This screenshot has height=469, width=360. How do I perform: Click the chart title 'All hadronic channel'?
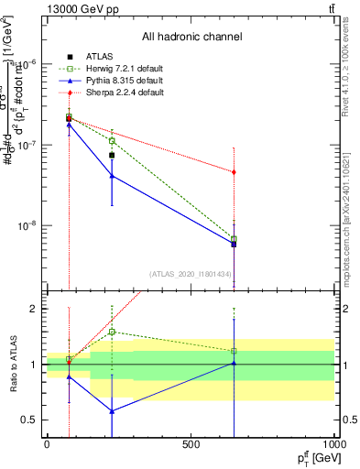click(x=191, y=37)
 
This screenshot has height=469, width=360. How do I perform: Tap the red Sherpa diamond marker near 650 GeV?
click(x=235, y=172)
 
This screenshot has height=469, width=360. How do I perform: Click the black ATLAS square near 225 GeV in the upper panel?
click(x=112, y=155)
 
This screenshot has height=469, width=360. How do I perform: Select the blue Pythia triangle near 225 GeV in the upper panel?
click(x=112, y=176)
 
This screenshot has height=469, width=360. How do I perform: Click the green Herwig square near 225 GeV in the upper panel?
click(x=112, y=141)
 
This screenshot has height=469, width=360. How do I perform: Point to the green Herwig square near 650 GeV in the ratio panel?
click(x=235, y=351)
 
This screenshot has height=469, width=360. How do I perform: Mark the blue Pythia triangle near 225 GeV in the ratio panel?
click(x=112, y=411)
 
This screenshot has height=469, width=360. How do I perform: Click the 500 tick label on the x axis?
click(x=191, y=444)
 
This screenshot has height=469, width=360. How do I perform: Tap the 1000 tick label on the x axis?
click(x=334, y=444)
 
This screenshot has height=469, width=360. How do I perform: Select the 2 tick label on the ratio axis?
click(x=37, y=309)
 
